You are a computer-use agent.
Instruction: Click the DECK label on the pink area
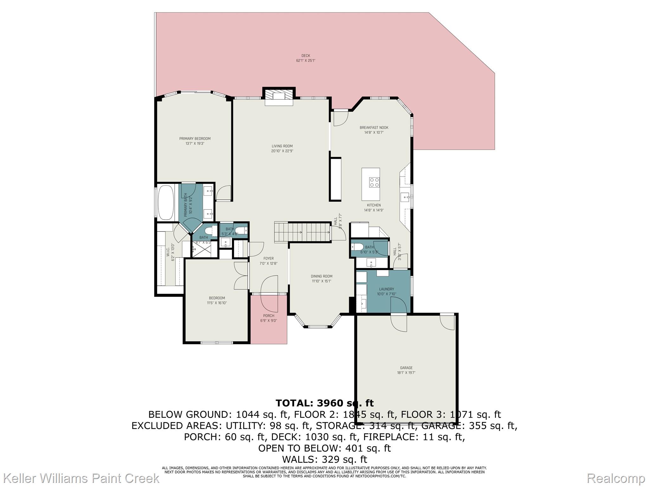pyautogui.click(x=305, y=56)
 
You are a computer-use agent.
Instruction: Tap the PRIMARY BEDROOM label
pyautogui.click(x=195, y=139)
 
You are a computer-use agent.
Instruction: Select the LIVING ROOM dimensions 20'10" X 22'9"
pyautogui.click(x=282, y=151)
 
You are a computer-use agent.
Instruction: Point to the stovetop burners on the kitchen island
pyautogui.click(x=374, y=182)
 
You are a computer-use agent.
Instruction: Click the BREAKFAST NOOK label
pyautogui.click(x=374, y=128)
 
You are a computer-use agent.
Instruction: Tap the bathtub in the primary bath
pyautogui.click(x=165, y=202)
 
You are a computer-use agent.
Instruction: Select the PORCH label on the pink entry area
pyautogui.click(x=268, y=316)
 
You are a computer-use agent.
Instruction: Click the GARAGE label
pyautogui.click(x=406, y=368)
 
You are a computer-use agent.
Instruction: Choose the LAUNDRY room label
pyautogui.click(x=386, y=289)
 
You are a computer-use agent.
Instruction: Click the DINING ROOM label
pyautogui.click(x=321, y=276)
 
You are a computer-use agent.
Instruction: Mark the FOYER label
pyautogui.click(x=268, y=258)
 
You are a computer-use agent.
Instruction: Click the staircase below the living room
pyautogui.click(x=303, y=232)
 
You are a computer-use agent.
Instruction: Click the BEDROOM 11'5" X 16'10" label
pyautogui.click(x=217, y=298)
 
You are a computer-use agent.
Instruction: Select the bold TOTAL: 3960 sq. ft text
pyautogui.click(x=324, y=403)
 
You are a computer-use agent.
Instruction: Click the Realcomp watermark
pyautogui.click(x=616, y=478)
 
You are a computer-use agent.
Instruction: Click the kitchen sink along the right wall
pyautogui.click(x=405, y=197)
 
